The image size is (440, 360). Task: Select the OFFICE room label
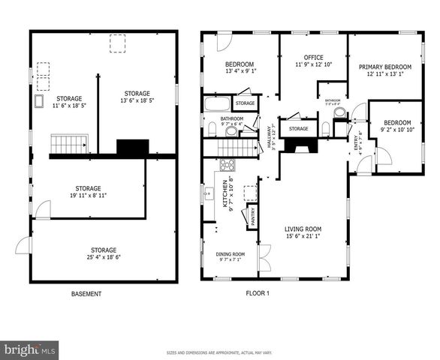point(313,58)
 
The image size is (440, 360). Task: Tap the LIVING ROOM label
point(303,229)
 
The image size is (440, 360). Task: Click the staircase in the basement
point(69,142)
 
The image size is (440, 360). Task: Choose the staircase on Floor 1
point(239,148)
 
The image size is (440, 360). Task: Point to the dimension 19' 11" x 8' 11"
point(88,195)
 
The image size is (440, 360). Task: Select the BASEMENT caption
point(86,294)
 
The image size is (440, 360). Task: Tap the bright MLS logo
point(30,349)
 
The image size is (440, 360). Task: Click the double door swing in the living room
point(264,258)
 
